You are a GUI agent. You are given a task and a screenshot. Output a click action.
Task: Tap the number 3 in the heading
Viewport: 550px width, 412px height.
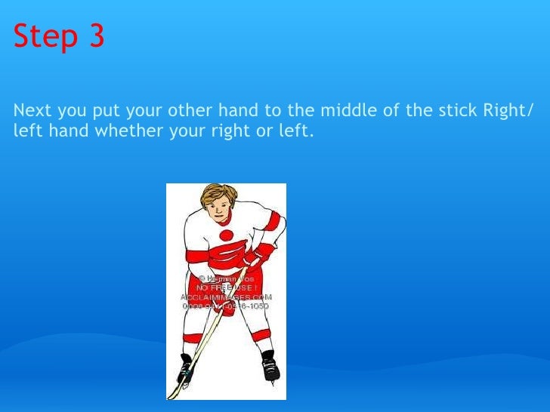[x=97, y=37]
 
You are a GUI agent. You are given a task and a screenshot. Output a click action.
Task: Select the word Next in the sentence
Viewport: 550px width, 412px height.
[x=32, y=112]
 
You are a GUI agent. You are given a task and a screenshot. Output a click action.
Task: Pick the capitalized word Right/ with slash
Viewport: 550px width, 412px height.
[x=508, y=112]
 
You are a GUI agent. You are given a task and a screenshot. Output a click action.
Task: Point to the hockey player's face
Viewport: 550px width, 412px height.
[x=221, y=211]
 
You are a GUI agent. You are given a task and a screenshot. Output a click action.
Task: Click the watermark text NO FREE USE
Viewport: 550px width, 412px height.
[x=226, y=287]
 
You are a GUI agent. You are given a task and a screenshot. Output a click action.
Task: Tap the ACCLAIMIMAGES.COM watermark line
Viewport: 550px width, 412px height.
[x=226, y=297]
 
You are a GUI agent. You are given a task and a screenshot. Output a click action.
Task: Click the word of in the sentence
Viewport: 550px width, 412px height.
[x=391, y=112]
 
